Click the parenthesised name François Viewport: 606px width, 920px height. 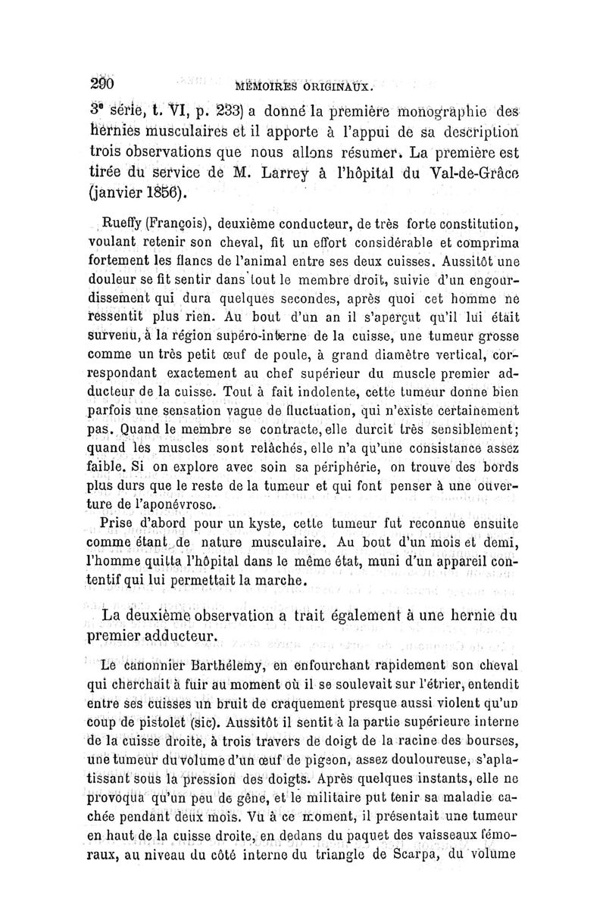pos(183,223)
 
